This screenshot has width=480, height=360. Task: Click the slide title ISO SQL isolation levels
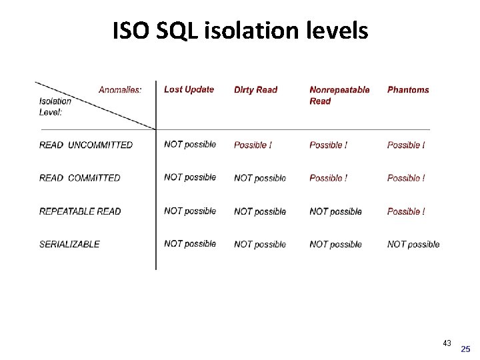pyautogui.click(x=240, y=30)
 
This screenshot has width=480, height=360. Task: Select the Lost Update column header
pyautogui.click(x=189, y=89)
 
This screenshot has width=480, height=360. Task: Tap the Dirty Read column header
pyautogui.click(x=255, y=90)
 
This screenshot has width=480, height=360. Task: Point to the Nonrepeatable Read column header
pyautogui.click(x=339, y=95)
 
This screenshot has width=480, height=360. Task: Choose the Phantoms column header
pyautogui.click(x=408, y=90)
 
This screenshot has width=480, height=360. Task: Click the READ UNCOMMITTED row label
pyautogui.click(x=86, y=145)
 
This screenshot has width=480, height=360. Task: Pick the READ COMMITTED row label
pyautogui.click(x=80, y=178)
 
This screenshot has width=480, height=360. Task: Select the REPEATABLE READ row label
pyautogui.click(x=80, y=211)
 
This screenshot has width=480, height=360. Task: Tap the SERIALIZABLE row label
pyautogui.click(x=69, y=244)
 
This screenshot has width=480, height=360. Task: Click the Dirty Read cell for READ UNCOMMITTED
pyautogui.click(x=253, y=145)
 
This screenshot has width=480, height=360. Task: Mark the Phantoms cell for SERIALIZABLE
pyautogui.click(x=413, y=244)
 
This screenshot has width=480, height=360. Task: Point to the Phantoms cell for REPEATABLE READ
pyautogui.click(x=406, y=211)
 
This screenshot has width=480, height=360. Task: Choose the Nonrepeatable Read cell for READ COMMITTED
pyautogui.click(x=329, y=178)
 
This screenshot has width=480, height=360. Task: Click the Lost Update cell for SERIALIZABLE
pyautogui.click(x=190, y=244)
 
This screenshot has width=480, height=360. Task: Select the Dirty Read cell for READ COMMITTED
pyautogui.click(x=260, y=178)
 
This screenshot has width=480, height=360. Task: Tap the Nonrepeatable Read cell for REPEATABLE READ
pyautogui.click(x=335, y=211)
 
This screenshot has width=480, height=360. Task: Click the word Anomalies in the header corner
pyautogui.click(x=120, y=90)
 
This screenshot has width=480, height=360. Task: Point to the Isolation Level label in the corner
pyautogui.click(x=55, y=107)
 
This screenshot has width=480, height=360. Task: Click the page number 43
pyautogui.click(x=447, y=343)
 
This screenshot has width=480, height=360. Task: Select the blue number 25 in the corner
pyautogui.click(x=465, y=349)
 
